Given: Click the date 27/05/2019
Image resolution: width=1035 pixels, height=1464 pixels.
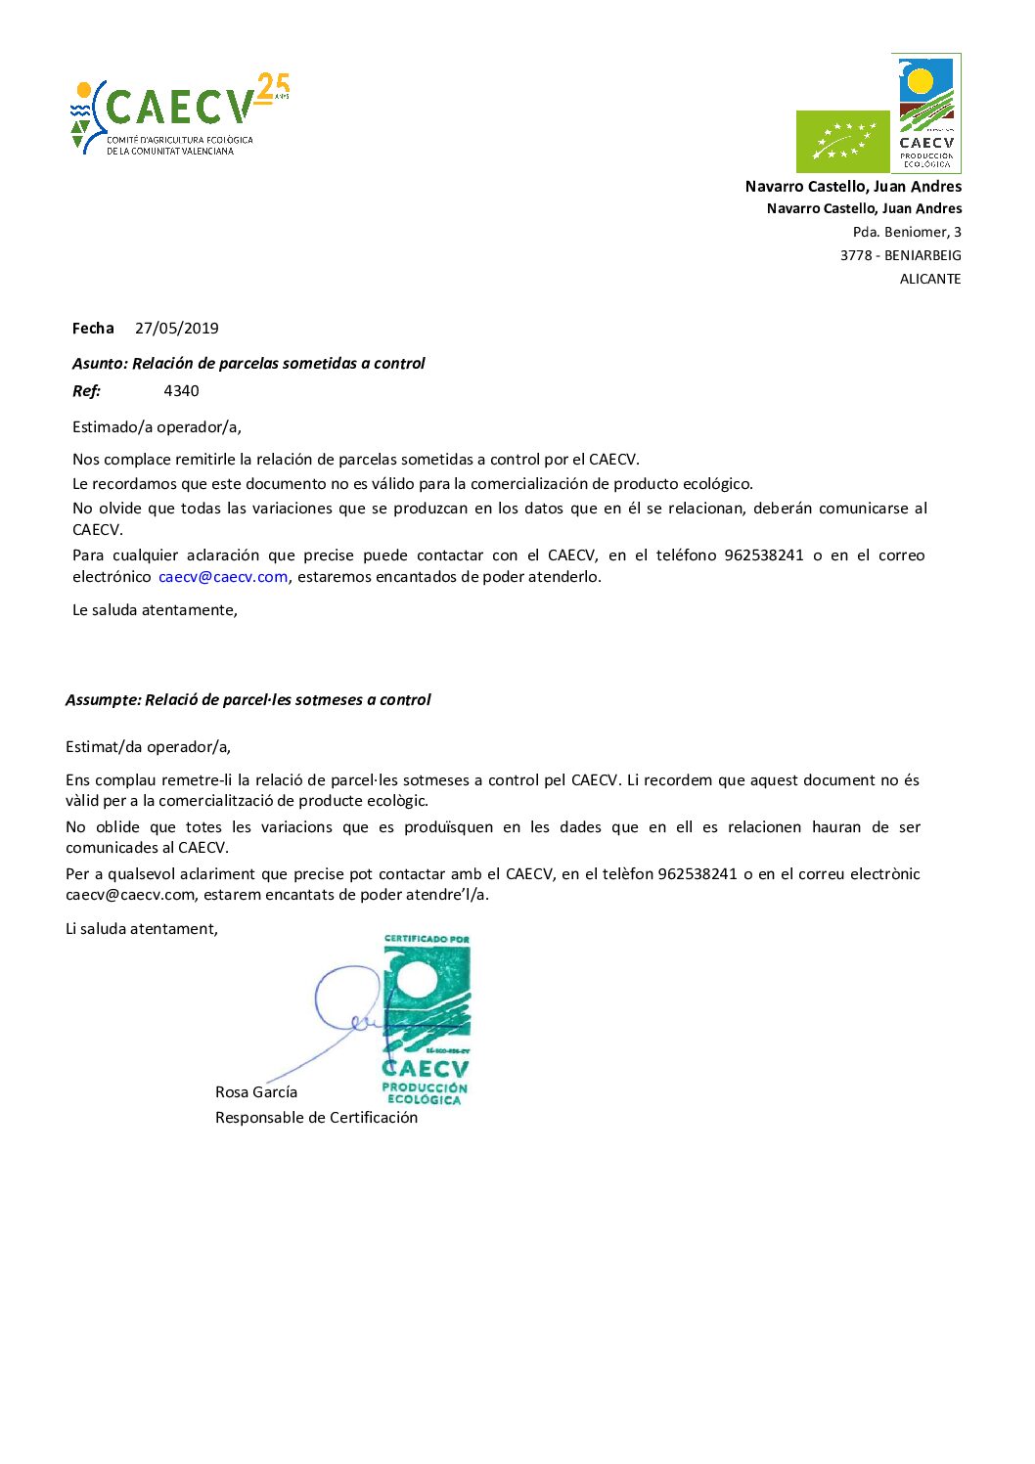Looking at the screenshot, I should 177,329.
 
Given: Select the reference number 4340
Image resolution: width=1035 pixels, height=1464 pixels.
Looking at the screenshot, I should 181,391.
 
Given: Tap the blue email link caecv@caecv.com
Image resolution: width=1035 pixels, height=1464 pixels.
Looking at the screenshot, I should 223,577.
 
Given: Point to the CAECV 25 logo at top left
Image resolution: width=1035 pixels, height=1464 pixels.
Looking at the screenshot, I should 180,114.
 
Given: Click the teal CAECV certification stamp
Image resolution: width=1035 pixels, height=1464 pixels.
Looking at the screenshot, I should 427,1020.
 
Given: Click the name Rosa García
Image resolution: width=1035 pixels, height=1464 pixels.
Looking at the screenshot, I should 256,1092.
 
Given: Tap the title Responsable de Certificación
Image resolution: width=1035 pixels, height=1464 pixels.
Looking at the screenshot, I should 316,1118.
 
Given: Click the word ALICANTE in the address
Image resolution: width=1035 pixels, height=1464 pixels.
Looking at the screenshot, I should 930,279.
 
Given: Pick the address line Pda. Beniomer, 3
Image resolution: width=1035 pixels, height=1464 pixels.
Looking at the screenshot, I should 907,232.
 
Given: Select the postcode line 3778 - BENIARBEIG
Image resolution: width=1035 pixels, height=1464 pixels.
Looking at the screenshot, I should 900,255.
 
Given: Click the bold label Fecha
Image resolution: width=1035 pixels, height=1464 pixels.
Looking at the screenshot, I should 93,329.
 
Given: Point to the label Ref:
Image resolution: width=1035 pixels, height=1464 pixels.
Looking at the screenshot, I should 86,391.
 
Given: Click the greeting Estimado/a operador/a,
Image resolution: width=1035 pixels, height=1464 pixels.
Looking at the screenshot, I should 157,426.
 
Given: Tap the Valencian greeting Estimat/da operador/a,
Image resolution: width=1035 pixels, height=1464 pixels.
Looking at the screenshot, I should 149,747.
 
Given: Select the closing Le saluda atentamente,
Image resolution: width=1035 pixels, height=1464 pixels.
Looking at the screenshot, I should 155,610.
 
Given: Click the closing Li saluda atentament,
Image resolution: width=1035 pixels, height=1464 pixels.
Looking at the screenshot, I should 142,929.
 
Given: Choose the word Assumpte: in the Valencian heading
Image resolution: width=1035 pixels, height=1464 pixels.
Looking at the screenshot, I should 103,700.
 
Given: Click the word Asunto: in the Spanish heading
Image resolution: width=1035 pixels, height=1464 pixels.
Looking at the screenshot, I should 100,364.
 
